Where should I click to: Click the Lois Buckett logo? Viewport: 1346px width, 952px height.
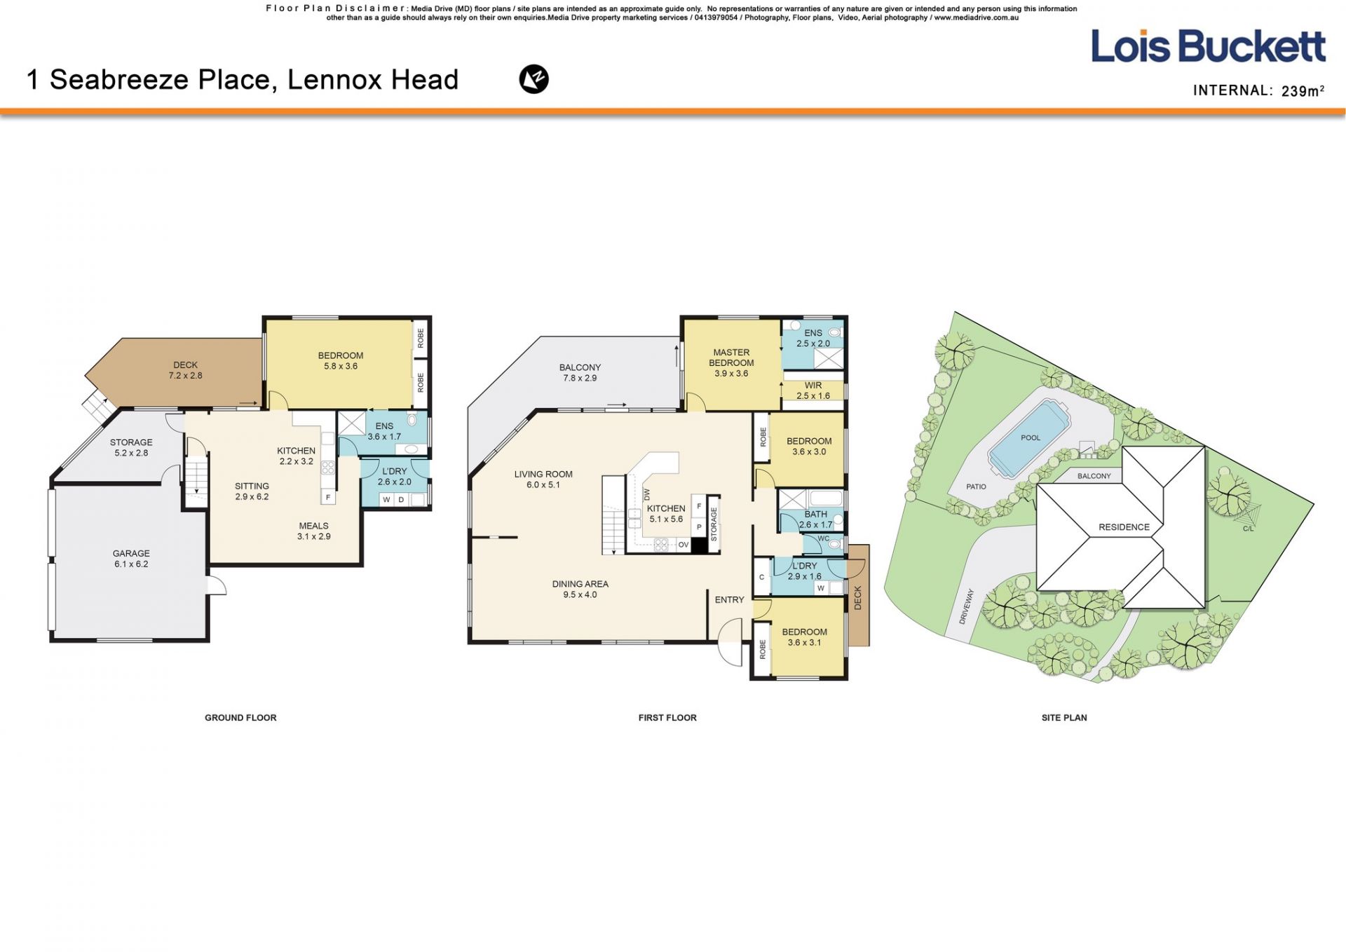[1208, 46]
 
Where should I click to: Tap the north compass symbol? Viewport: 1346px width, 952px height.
[533, 79]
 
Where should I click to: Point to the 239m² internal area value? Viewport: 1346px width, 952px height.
[1303, 90]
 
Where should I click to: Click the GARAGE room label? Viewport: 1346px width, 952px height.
[131, 553]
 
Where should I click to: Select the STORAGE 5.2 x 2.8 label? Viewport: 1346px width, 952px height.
[131, 447]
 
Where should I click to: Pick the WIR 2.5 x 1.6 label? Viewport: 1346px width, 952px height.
[813, 390]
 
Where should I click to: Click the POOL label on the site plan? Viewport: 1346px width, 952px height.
[1031, 437]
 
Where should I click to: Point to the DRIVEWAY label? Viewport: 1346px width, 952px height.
[966, 606]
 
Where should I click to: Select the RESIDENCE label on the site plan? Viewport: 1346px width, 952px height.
[1124, 527]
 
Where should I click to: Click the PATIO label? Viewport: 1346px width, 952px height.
[976, 487]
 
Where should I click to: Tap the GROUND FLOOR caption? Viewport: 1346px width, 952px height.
[240, 717]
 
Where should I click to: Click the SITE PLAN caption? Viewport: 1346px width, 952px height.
[1064, 717]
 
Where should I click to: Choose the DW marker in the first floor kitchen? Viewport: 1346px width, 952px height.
[647, 495]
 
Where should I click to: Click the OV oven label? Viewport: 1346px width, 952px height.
[683, 545]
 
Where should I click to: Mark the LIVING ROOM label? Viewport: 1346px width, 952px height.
[543, 474]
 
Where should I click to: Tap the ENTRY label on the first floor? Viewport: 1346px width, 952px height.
[729, 599]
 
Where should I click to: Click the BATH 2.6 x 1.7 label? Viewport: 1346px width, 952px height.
[815, 519]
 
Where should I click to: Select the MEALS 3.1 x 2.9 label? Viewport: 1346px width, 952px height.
[313, 531]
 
